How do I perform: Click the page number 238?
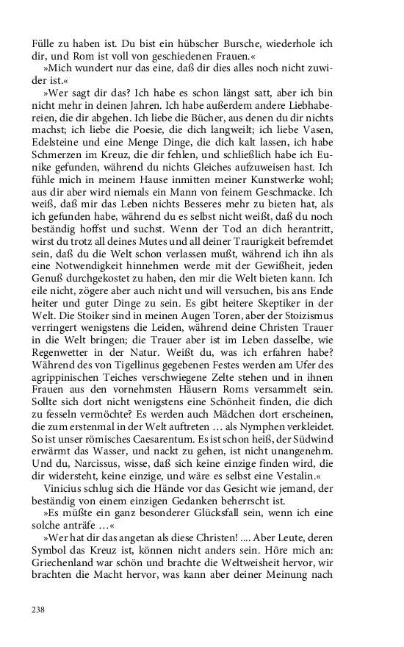tap(39, 610)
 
